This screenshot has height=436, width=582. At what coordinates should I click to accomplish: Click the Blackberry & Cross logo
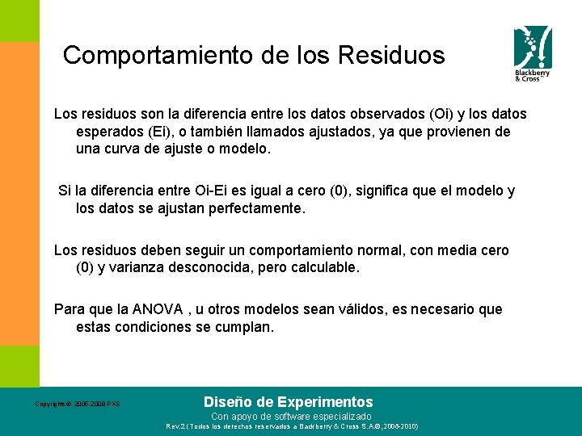[533, 53]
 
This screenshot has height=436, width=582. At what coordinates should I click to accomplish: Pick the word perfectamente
[255, 208]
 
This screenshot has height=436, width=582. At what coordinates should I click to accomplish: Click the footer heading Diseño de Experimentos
[289, 401]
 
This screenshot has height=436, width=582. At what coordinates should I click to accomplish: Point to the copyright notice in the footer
[77, 404]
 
